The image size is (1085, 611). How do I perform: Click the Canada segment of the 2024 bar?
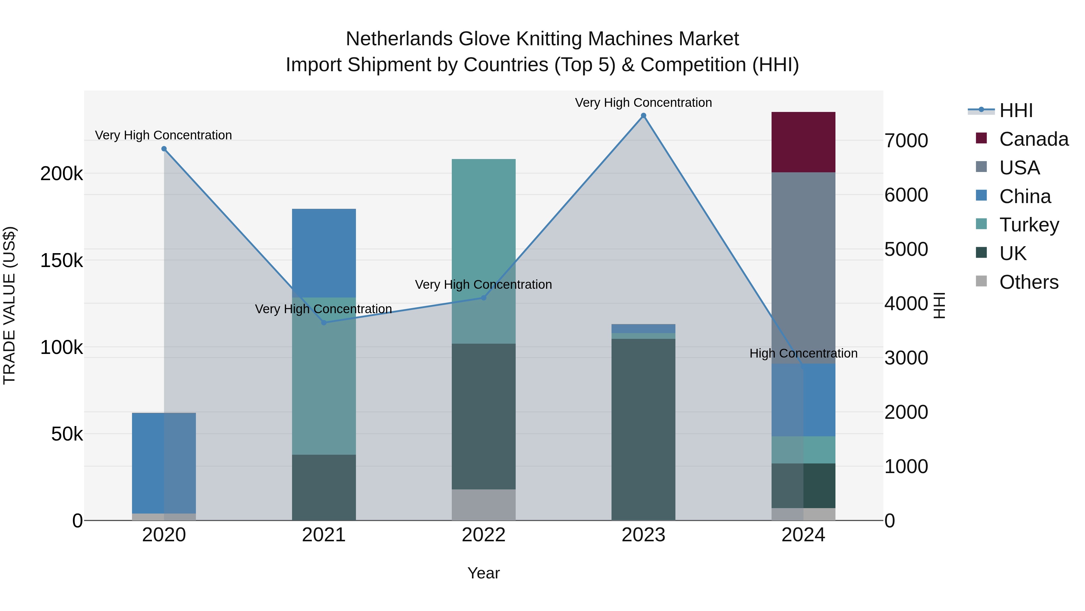coord(803,142)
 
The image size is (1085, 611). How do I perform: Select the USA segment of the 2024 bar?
coord(803,268)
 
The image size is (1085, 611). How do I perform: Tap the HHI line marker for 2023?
coord(643,116)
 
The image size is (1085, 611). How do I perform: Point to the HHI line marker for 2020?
coord(164,149)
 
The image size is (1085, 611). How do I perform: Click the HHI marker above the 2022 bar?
coord(483,298)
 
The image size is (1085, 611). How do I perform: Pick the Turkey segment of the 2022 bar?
coord(483,251)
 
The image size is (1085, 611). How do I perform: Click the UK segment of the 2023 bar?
coord(643,429)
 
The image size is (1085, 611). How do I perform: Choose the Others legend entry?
coord(1028,282)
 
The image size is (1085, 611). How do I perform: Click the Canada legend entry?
coord(1033,139)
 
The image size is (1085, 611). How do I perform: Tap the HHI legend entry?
coord(1015,110)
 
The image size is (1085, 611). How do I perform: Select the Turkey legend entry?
coord(1029,225)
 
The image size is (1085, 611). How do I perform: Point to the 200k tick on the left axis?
coord(61,173)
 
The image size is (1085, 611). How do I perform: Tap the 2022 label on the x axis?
coord(483,535)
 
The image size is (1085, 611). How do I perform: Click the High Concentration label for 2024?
coord(803,353)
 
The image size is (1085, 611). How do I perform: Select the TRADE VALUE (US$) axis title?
coord(9,305)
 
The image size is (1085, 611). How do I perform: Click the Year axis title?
coord(483,573)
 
